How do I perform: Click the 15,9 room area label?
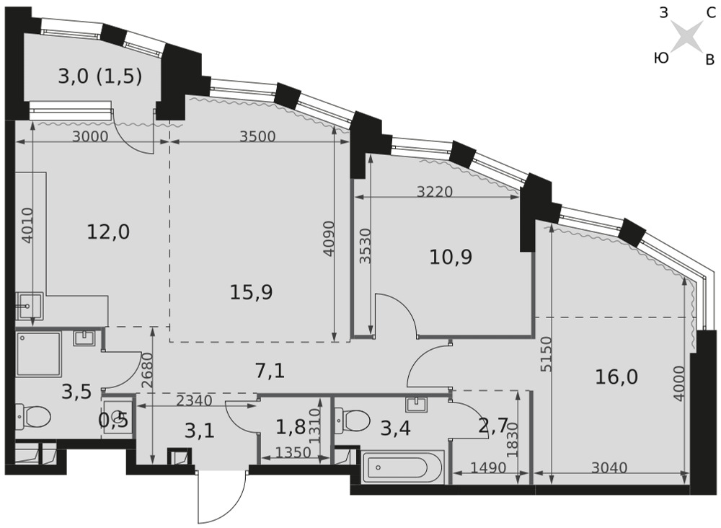(251, 291)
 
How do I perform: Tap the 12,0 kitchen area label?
(108, 232)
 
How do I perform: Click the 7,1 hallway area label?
(270, 370)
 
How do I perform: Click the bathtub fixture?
(403, 467)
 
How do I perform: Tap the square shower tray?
(38, 353)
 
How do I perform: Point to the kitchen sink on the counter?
(29, 306)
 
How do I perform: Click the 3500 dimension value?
(258, 136)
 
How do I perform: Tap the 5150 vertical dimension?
(545, 354)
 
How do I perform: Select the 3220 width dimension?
(435, 191)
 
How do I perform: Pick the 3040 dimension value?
(609, 467)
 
